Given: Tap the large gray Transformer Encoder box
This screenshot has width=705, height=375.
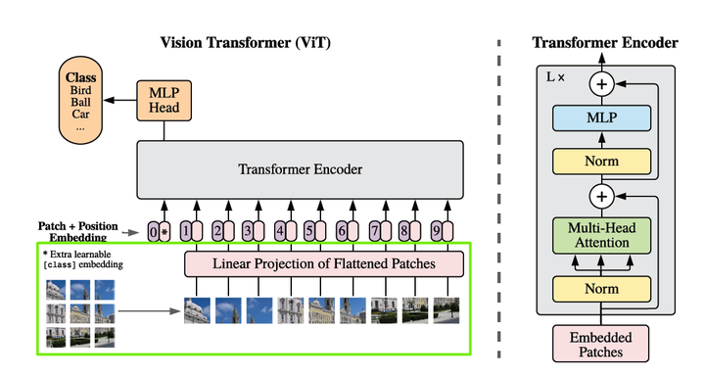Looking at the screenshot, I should pos(300,169).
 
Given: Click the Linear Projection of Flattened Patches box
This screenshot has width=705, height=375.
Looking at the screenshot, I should pos(323,263).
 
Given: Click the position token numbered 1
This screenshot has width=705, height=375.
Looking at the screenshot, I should pos(189,232).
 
